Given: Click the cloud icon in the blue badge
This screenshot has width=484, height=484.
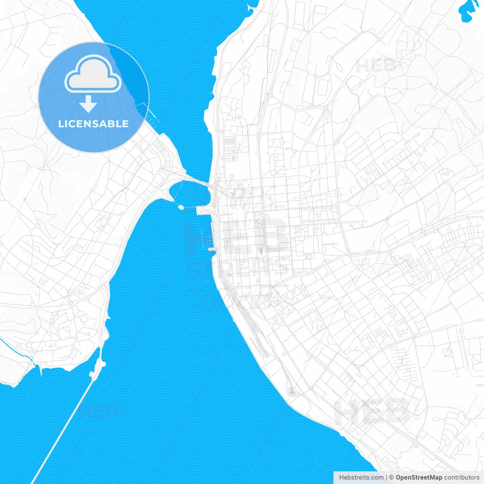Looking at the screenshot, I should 93,74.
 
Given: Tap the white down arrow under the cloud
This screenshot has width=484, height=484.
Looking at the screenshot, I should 88,104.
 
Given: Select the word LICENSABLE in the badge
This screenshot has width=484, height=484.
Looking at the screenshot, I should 93,124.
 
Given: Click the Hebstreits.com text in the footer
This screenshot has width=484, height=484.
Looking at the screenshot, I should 361,478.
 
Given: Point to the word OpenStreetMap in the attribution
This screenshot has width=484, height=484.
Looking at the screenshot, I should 419,478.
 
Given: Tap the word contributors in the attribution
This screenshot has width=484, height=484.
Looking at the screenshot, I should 462,478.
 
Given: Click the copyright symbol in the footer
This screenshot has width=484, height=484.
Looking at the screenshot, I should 392,478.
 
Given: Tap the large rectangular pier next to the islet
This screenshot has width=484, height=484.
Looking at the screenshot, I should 203,211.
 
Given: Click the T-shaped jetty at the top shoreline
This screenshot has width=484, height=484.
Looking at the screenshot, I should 251,8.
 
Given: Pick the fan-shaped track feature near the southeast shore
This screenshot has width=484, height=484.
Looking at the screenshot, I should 291,391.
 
